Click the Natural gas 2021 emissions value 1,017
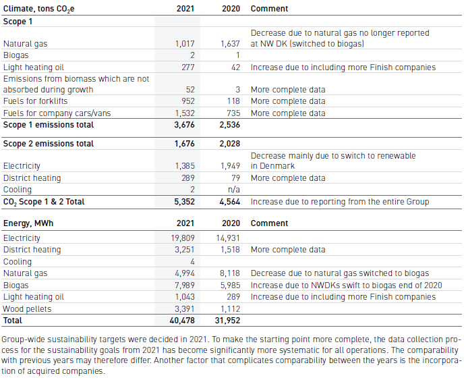pos(185,44)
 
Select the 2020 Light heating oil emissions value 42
pos(235,67)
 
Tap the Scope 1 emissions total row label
pos(48,125)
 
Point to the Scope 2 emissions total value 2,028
pos(229,143)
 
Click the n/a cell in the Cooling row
pos(233,190)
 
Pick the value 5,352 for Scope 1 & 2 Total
pos(184,202)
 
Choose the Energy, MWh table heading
pos(28,223)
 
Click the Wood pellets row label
pos(27,309)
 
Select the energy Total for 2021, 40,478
pos(182,321)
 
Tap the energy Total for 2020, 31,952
pos(227,321)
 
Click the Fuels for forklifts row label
pos(35,101)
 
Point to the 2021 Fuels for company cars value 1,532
pos(185,113)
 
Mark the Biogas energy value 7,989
pos(185,285)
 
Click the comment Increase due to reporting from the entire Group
pos(340,202)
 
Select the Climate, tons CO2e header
pos(38,9)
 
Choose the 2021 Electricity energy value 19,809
pos(183,238)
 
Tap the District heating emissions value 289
pos(188,178)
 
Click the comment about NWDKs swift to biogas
pos(346,285)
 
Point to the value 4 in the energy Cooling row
pos(192,262)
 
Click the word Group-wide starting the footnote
pos(23,339)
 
